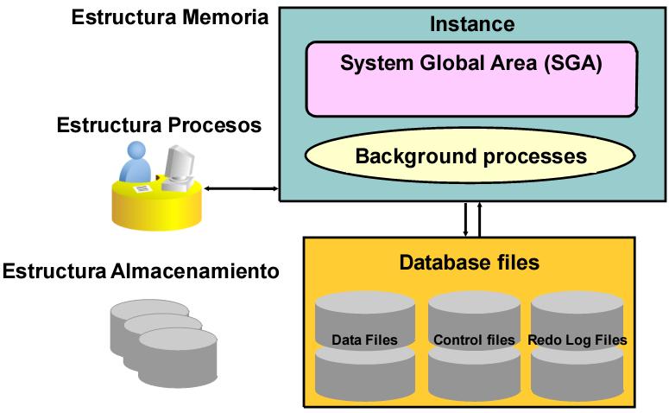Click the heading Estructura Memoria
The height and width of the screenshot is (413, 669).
[x=168, y=16]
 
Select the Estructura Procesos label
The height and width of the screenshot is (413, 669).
[x=159, y=124]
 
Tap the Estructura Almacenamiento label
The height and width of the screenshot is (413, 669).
[x=141, y=271]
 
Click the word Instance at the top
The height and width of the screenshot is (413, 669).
[x=471, y=23]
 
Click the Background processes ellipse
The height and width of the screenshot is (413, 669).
[x=471, y=156]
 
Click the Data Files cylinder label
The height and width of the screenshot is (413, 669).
[x=364, y=340]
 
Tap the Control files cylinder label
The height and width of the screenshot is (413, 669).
[x=474, y=340]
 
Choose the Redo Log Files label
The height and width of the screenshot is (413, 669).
[x=577, y=340]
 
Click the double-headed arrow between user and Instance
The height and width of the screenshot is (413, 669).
[x=242, y=187]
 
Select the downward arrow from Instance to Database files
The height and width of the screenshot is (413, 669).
[x=466, y=219]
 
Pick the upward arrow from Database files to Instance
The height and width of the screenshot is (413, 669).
[x=479, y=219]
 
